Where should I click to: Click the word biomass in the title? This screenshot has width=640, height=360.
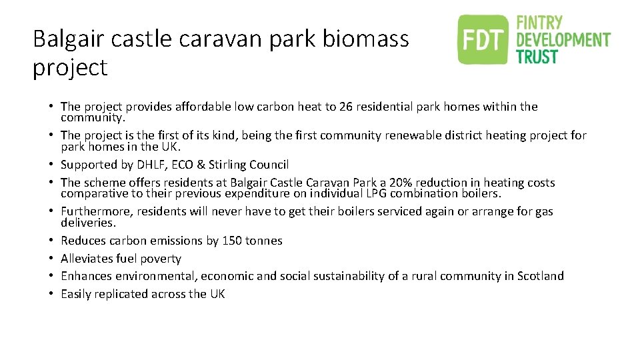(365, 39)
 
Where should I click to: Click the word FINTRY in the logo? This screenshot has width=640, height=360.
(541, 23)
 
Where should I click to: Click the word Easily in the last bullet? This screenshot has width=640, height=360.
(75, 294)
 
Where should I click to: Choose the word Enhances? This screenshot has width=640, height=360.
(85, 276)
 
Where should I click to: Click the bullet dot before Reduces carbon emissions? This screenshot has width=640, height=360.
(51, 241)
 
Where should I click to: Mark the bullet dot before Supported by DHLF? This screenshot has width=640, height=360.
(51, 165)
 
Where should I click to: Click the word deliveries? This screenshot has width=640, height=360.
(87, 223)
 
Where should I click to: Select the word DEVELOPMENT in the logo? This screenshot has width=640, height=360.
(563, 40)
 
